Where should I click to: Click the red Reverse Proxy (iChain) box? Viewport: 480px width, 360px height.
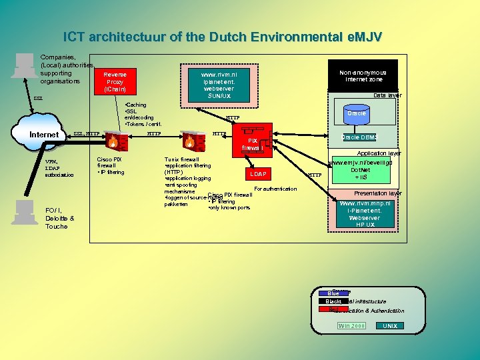(x=114, y=81)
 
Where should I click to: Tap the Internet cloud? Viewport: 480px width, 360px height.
(x=45, y=135)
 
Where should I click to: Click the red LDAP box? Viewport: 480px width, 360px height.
(x=258, y=174)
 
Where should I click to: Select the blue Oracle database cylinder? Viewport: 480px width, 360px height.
(x=356, y=114)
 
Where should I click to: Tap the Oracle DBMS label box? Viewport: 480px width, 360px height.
(x=359, y=137)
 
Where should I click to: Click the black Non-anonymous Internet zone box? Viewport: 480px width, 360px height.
(x=363, y=76)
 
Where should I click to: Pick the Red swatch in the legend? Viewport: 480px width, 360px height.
(x=333, y=310)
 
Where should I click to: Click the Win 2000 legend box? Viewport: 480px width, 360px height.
(x=351, y=326)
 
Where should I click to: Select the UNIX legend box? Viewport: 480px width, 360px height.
(x=390, y=326)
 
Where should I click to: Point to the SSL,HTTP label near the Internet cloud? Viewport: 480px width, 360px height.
(x=87, y=134)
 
